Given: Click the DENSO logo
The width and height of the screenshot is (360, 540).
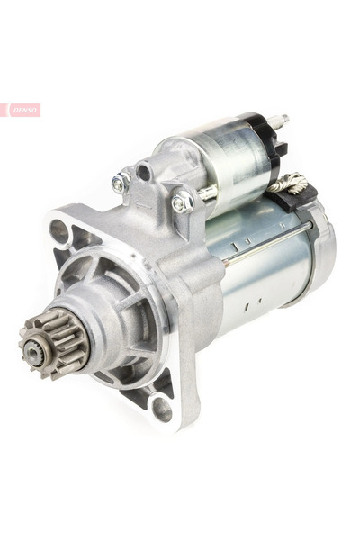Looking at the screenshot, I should pos(21,110).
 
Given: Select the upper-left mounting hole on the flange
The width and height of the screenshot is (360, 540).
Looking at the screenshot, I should pos(59,231).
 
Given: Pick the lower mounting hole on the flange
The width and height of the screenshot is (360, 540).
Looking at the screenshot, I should pos(162,409).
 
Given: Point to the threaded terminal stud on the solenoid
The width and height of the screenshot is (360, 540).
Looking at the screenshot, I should pos(278,121).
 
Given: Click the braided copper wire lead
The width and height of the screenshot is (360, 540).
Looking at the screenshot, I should pos(289,184).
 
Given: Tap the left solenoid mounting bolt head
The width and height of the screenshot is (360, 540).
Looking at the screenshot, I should pos(118,184).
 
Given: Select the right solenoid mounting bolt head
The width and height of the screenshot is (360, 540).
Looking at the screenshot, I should pos(180,204).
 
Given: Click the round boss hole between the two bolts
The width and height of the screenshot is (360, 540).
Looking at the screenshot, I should pos(144,172).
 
